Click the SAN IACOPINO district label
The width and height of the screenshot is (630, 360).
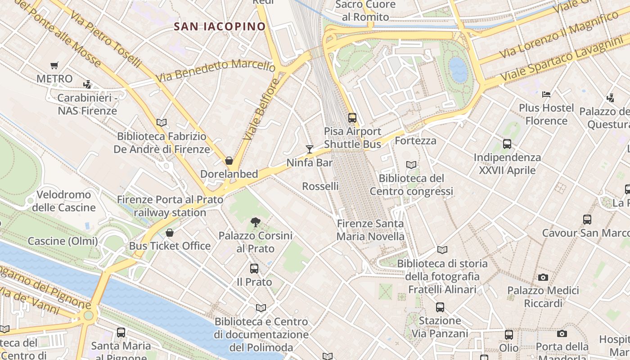[220, 27]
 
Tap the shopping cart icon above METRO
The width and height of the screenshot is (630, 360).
[54, 66]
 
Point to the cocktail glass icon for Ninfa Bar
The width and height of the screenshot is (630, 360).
[310, 149]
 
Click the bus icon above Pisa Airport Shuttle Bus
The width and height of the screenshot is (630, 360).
[352, 118]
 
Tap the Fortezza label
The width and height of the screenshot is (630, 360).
[415, 141]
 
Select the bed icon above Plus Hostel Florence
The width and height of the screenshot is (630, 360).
[546, 94]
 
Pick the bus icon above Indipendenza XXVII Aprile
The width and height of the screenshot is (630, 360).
[507, 144]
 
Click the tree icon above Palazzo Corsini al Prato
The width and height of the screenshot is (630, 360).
[256, 222]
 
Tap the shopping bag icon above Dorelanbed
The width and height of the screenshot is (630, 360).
[229, 161]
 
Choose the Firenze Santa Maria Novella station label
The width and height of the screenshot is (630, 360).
[370, 230]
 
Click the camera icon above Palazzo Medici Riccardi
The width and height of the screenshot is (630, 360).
[543, 277]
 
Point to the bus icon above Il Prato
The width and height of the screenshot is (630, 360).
[254, 269]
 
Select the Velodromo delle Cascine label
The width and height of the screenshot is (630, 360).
[63, 201]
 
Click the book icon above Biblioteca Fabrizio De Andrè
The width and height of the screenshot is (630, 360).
[162, 122]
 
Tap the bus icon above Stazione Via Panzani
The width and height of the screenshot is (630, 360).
[440, 307]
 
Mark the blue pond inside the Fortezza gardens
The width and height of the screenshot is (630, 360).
[458, 69]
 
